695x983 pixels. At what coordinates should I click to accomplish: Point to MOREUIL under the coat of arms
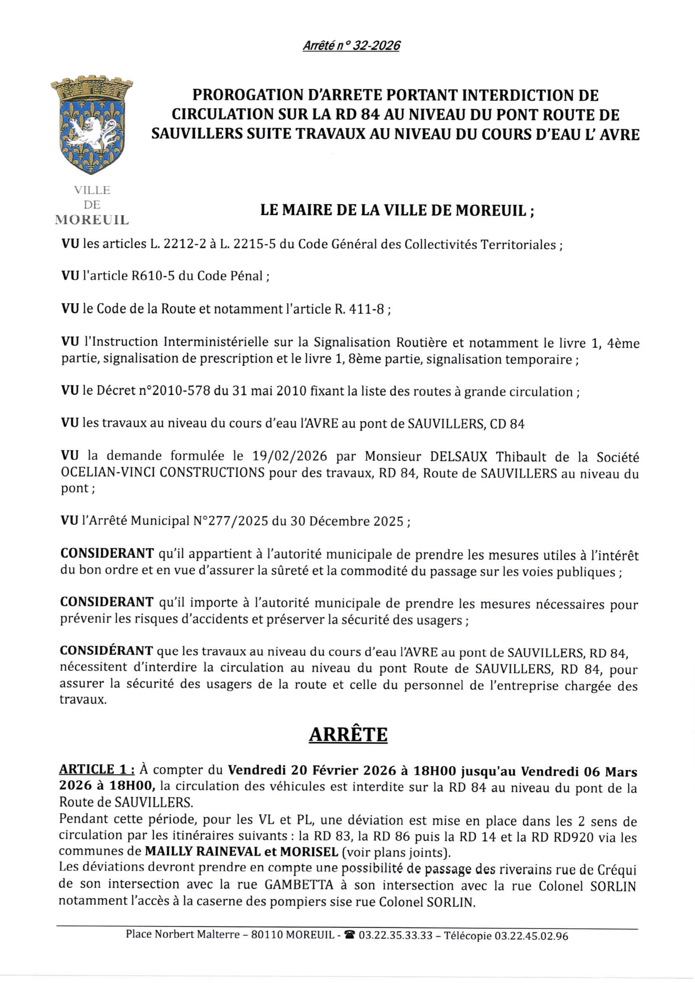92,220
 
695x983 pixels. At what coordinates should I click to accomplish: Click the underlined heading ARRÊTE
348,735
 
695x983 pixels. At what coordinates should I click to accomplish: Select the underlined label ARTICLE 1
96,769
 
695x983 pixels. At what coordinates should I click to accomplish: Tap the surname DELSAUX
458,457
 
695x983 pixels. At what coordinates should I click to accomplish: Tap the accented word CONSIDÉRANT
106,651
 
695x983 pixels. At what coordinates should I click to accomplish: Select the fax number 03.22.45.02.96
531,936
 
